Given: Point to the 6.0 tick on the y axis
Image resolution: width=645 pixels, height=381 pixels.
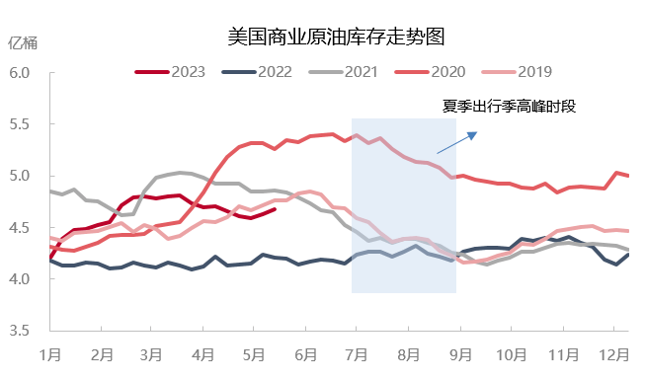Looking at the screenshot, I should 21,74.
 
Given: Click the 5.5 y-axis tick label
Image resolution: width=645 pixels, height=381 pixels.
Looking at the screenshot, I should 21,125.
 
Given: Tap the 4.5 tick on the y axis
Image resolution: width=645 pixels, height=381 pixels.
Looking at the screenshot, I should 21,228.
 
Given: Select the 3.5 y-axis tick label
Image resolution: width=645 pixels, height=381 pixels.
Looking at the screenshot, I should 21,331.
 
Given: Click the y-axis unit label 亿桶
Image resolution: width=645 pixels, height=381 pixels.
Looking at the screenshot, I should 22,41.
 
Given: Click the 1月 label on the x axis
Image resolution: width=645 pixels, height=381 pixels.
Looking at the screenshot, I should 49,353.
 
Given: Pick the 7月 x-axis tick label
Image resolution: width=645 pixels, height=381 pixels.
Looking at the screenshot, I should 357,353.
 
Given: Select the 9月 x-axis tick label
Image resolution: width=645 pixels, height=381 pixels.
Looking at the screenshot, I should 459,353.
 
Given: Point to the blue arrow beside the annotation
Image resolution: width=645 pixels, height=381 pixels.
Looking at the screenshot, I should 457,142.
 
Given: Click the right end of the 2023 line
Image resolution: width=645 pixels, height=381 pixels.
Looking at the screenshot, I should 276,208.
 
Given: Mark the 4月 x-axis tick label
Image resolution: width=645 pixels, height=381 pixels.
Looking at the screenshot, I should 203,353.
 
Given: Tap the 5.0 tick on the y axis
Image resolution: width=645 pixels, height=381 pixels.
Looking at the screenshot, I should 21,177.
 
